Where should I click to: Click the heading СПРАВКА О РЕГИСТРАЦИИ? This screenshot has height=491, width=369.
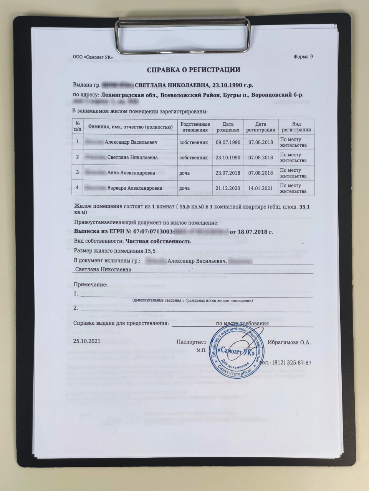(x=194, y=70)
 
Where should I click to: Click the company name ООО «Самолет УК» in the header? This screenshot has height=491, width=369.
(x=93, y=57)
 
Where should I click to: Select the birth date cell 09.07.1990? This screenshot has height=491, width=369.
(x=228, y=142)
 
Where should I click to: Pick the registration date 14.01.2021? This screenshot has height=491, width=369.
(x=261, y=188)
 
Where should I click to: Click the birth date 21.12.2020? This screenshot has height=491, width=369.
(x=228, y=188)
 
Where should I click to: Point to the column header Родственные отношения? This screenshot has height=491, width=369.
(x=195, y=127)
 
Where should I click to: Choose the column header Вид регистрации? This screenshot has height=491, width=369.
(x=296, y=127)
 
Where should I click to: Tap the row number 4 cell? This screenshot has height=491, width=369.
(x=78, y=188)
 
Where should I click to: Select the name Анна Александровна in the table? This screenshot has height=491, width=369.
(x=131, y=173)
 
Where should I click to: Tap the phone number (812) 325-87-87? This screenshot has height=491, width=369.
(x=287, y=363)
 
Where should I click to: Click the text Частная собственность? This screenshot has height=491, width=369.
(x=158, y=241)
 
